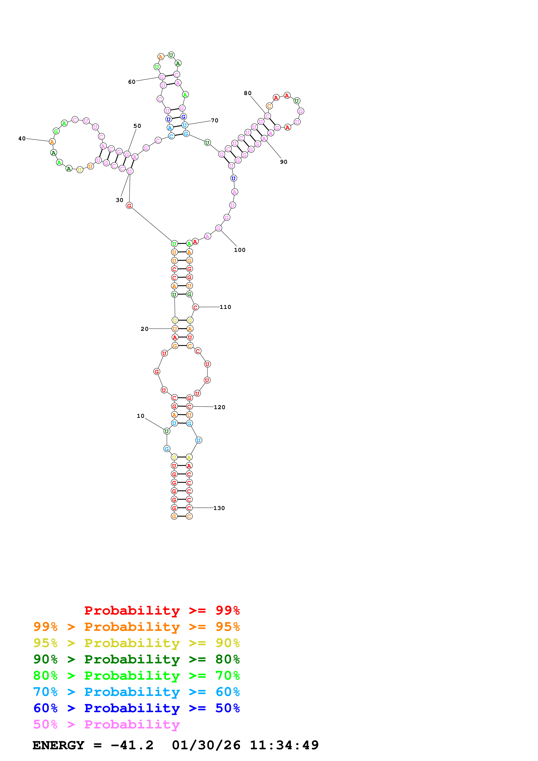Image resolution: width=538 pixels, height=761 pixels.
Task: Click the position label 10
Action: click(x=141, y=416)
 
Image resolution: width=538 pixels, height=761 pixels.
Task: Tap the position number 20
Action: click(x=145, y=329)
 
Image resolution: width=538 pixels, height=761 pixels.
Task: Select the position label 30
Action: click(x=119, y=200)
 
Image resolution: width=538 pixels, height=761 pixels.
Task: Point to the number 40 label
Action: click(x=22, y=139)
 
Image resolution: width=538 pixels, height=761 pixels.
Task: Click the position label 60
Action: click(x=132, y=82)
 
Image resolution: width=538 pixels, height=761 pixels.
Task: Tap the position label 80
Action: click(x=248, y=93)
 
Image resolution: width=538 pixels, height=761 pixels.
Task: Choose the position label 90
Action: click(x=284, y=162)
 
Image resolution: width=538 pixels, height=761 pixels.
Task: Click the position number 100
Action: click(x=240, y=250)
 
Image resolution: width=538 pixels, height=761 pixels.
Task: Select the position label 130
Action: click(x=219, y=508)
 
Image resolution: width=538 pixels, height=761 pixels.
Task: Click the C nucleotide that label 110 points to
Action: click(x=196, y=307)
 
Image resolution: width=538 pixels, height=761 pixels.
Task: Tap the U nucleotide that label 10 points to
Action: click(x=167, y=431)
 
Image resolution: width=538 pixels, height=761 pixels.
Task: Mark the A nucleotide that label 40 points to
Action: click(x=52, y=142)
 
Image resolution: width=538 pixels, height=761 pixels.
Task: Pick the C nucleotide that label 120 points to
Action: click(x=189, y=406)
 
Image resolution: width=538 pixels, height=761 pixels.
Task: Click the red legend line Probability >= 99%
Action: click(x=162, y=610)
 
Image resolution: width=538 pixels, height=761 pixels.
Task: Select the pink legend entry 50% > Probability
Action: click(x=106, y=724)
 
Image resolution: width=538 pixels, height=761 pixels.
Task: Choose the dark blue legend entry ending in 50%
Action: click(x=136, y=708)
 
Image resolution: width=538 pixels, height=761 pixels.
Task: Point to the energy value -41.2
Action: click(x=132, y=745)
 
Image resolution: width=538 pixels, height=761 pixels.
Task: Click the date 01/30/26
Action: click(x=206, y=745)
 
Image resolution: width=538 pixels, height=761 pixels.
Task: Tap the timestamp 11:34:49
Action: click(x=284, y=745)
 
